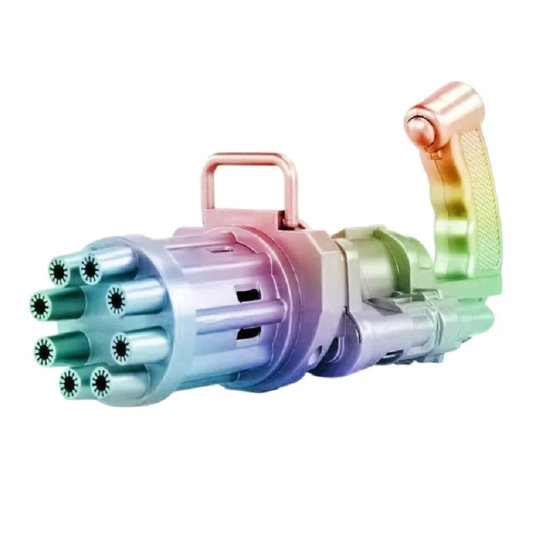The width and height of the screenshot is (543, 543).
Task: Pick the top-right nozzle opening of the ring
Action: click(90, 268)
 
